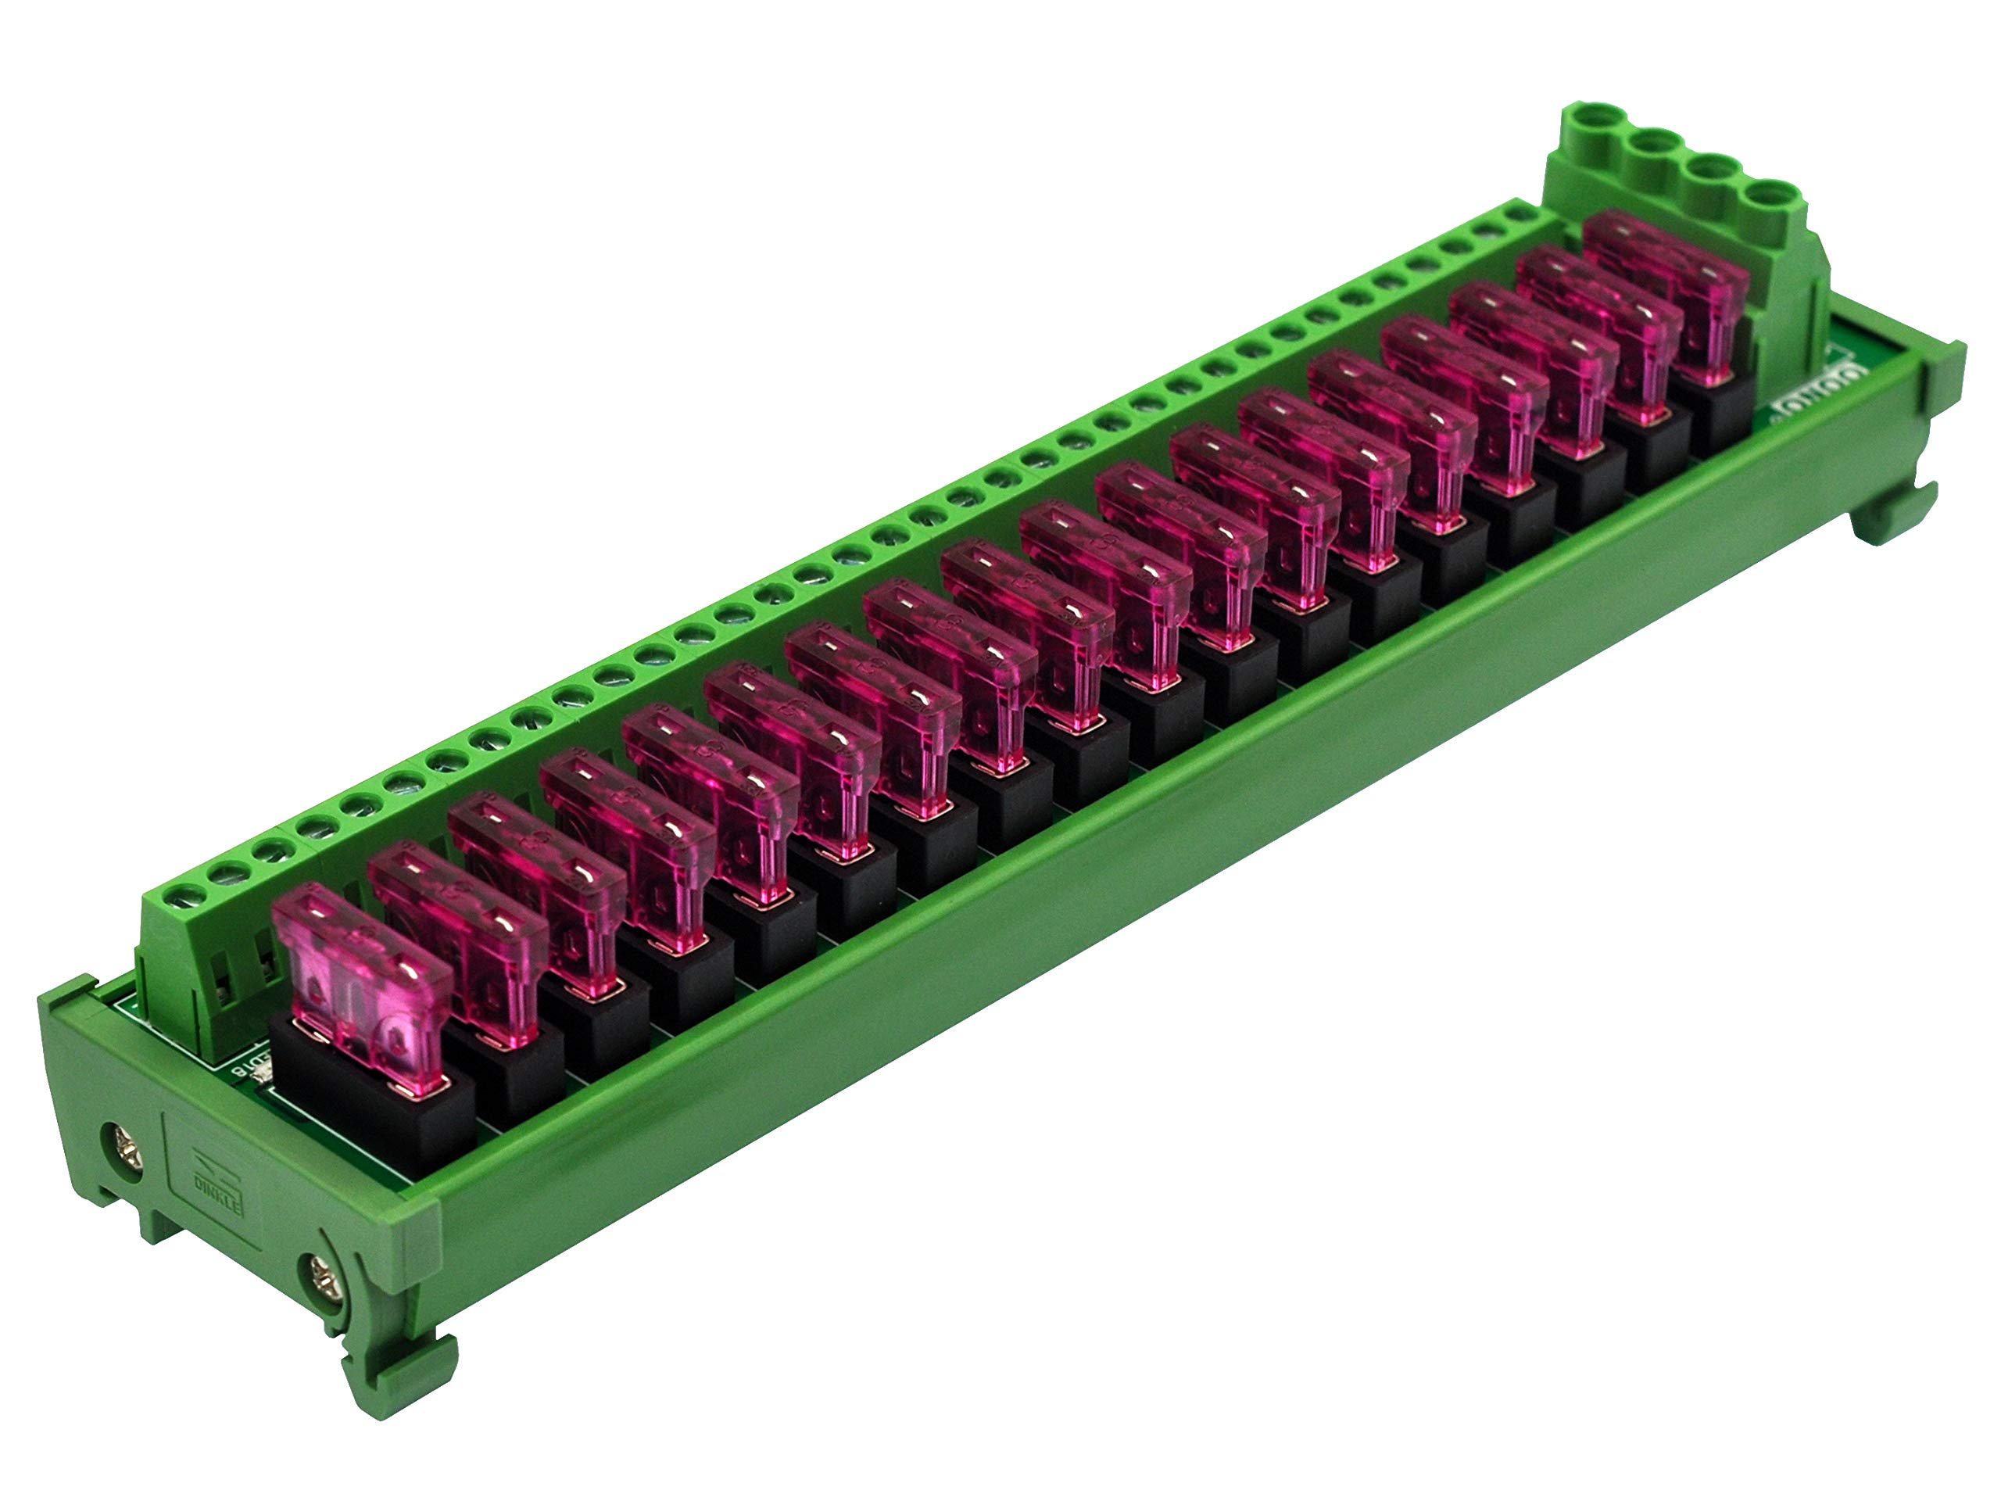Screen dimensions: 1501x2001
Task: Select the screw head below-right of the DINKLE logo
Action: tap(323, 1277)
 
